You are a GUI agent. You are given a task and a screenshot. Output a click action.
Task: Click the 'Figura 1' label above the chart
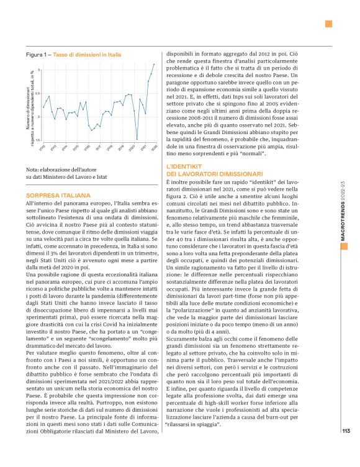38,55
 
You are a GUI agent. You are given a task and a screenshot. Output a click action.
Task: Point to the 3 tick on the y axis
39,70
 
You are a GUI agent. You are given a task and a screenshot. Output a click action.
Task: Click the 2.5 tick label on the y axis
38,94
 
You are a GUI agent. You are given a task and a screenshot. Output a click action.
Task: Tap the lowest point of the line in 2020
137,140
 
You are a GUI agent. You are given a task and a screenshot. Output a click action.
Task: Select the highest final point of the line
155,64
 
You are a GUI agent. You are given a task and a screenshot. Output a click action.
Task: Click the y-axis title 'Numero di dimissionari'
28,105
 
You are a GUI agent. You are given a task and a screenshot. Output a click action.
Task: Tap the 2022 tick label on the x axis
153,148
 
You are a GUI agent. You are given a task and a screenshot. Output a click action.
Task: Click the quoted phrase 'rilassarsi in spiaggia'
196,427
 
